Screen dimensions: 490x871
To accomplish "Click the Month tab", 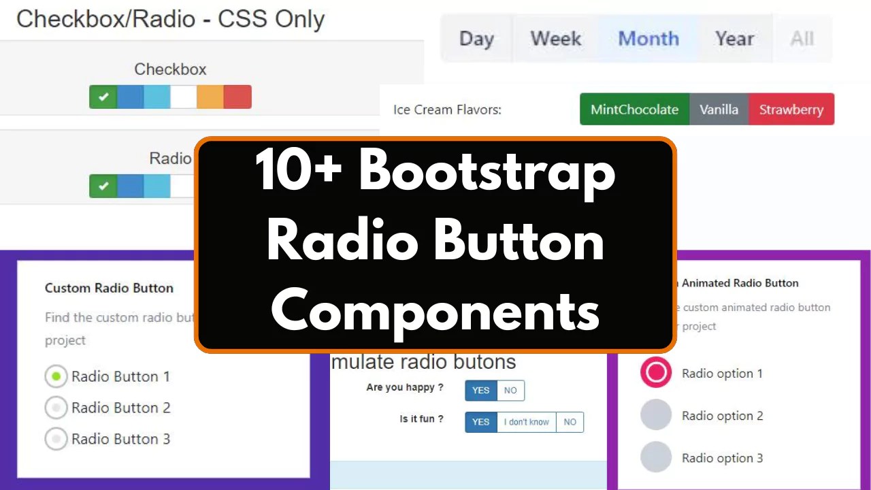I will (648, 39).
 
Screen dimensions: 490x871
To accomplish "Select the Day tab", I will (476, 39).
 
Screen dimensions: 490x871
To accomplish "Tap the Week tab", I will (555, 39).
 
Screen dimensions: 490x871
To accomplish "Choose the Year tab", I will (734, 39).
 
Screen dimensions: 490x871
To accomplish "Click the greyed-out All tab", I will (802, 39).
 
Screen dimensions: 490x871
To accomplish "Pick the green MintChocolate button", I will (634, 110).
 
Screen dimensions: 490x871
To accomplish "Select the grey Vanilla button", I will (719, 110).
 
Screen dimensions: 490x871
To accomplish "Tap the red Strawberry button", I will (791, 110).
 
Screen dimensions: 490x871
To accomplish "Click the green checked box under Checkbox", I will (103, 97).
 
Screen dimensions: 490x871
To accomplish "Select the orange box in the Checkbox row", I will (210, 97).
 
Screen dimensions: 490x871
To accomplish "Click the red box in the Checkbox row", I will (237, 97).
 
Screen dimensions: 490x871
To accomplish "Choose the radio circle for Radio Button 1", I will (56, 376).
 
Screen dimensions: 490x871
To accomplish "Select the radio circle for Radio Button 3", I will (56, 439).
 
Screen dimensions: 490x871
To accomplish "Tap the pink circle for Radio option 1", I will (656, 373).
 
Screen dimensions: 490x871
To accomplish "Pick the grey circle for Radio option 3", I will (656, 457).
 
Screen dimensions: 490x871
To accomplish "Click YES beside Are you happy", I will (480, 391).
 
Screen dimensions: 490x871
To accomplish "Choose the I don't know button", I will (526, 422).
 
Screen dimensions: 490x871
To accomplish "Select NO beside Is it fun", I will (570, 422).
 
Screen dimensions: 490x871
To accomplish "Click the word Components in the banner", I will (435, 310).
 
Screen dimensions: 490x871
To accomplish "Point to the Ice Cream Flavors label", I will (447, 110).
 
